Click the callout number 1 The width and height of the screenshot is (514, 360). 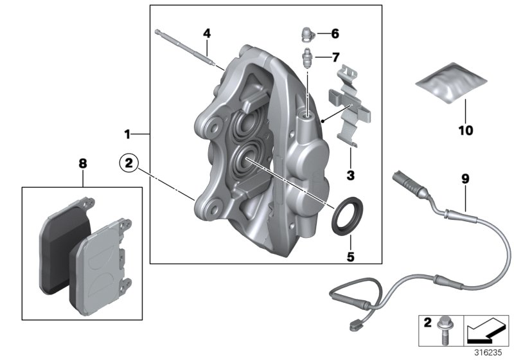pyautogui.click(x=127, y=134)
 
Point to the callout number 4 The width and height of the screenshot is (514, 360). pyautogui.click(x=206, y=33)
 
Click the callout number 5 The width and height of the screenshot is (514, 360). pyautogui.click(x=350, y=257)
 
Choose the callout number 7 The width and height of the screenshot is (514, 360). pyautogui.click(x=335, y=57)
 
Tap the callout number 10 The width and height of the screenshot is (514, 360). pyautogui.click(x=465, y=130)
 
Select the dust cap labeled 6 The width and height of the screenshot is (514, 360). pyautogui.click(x=307, y=33)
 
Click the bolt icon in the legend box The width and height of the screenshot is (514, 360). pyautogui.click(x=443, y=327)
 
